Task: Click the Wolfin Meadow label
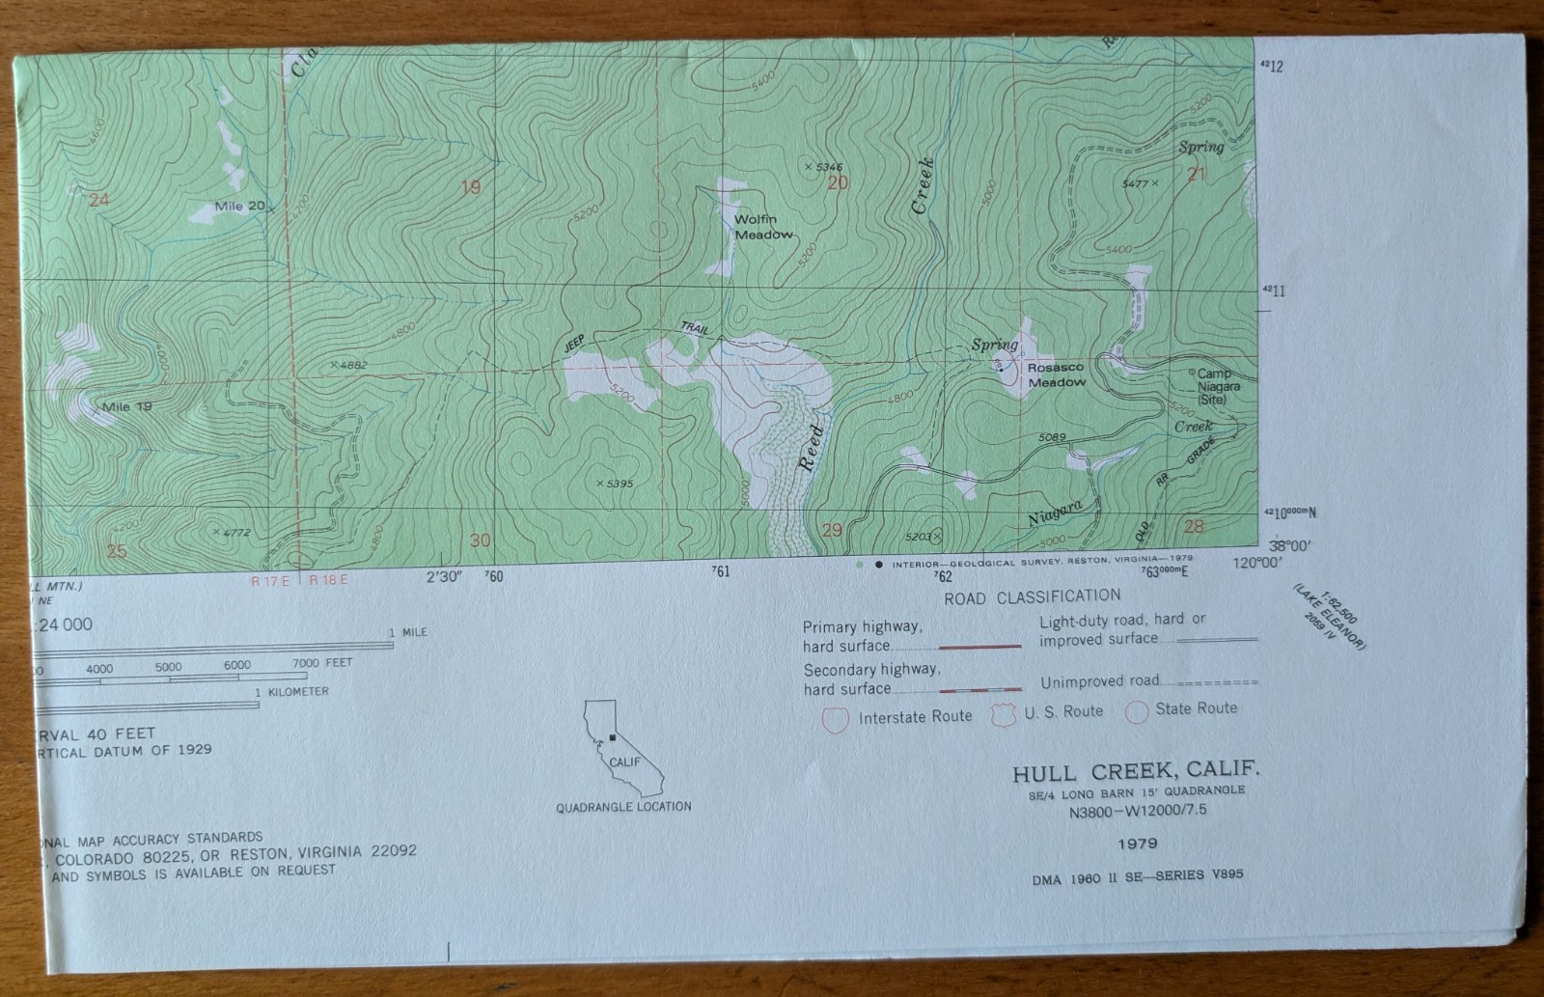[763, 227]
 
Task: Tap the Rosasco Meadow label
[1056, 374]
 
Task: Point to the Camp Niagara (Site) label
[1218, 386]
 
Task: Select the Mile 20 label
[240, 206]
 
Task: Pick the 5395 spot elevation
[615, 483]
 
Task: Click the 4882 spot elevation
[348, 365]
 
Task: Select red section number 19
[470, 187]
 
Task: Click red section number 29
[831, 529]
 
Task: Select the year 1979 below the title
[1138, 844]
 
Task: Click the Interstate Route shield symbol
[835, 718]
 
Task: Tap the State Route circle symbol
[1137, 711]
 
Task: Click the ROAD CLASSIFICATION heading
[1033, 596]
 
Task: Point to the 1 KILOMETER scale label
[291, 692]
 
